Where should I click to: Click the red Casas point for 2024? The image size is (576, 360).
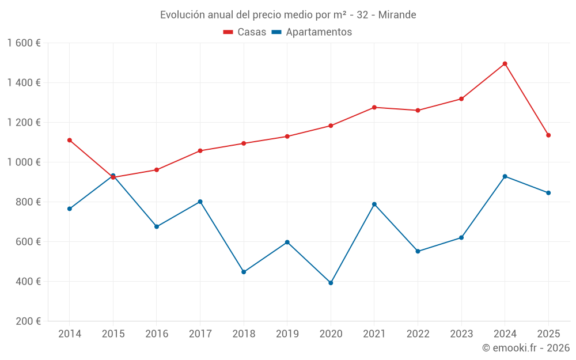tap(505, 64)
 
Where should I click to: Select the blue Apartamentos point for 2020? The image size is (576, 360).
tap(331, 283)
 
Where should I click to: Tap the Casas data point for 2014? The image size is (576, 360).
tap(70, 140)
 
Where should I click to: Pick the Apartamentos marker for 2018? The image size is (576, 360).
tap(244, 272)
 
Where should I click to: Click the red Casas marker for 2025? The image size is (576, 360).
tap(548, 135)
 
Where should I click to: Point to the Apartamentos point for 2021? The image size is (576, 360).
tap(374, 204)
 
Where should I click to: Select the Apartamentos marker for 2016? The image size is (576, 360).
tap(157, 226)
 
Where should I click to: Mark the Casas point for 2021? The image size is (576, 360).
tap(374, 107)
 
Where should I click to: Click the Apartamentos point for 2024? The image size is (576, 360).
tap(505, 176)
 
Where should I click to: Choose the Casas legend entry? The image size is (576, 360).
tap(245, 32)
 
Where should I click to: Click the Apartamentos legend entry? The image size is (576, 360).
tap(312, 32)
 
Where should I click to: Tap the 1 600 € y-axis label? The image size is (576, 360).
tap(24, 43)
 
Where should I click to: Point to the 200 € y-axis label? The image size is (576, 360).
tap(28, 321)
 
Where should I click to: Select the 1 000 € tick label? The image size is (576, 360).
tap(24, 162)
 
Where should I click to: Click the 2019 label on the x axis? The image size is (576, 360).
tap(287, 334)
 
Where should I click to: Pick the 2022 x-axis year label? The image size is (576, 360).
tap(418, 334)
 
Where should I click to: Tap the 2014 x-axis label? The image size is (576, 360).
tap(70, 334)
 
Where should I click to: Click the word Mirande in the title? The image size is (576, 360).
tap(397, 15)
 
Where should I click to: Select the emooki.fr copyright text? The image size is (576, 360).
tap(525, 348)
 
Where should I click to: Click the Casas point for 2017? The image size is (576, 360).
tap(200, 151)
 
